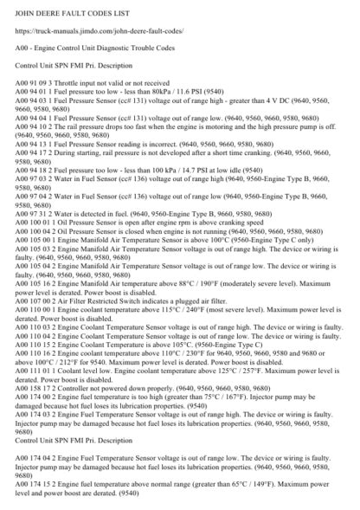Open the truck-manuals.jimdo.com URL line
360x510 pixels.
click(109, 33)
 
